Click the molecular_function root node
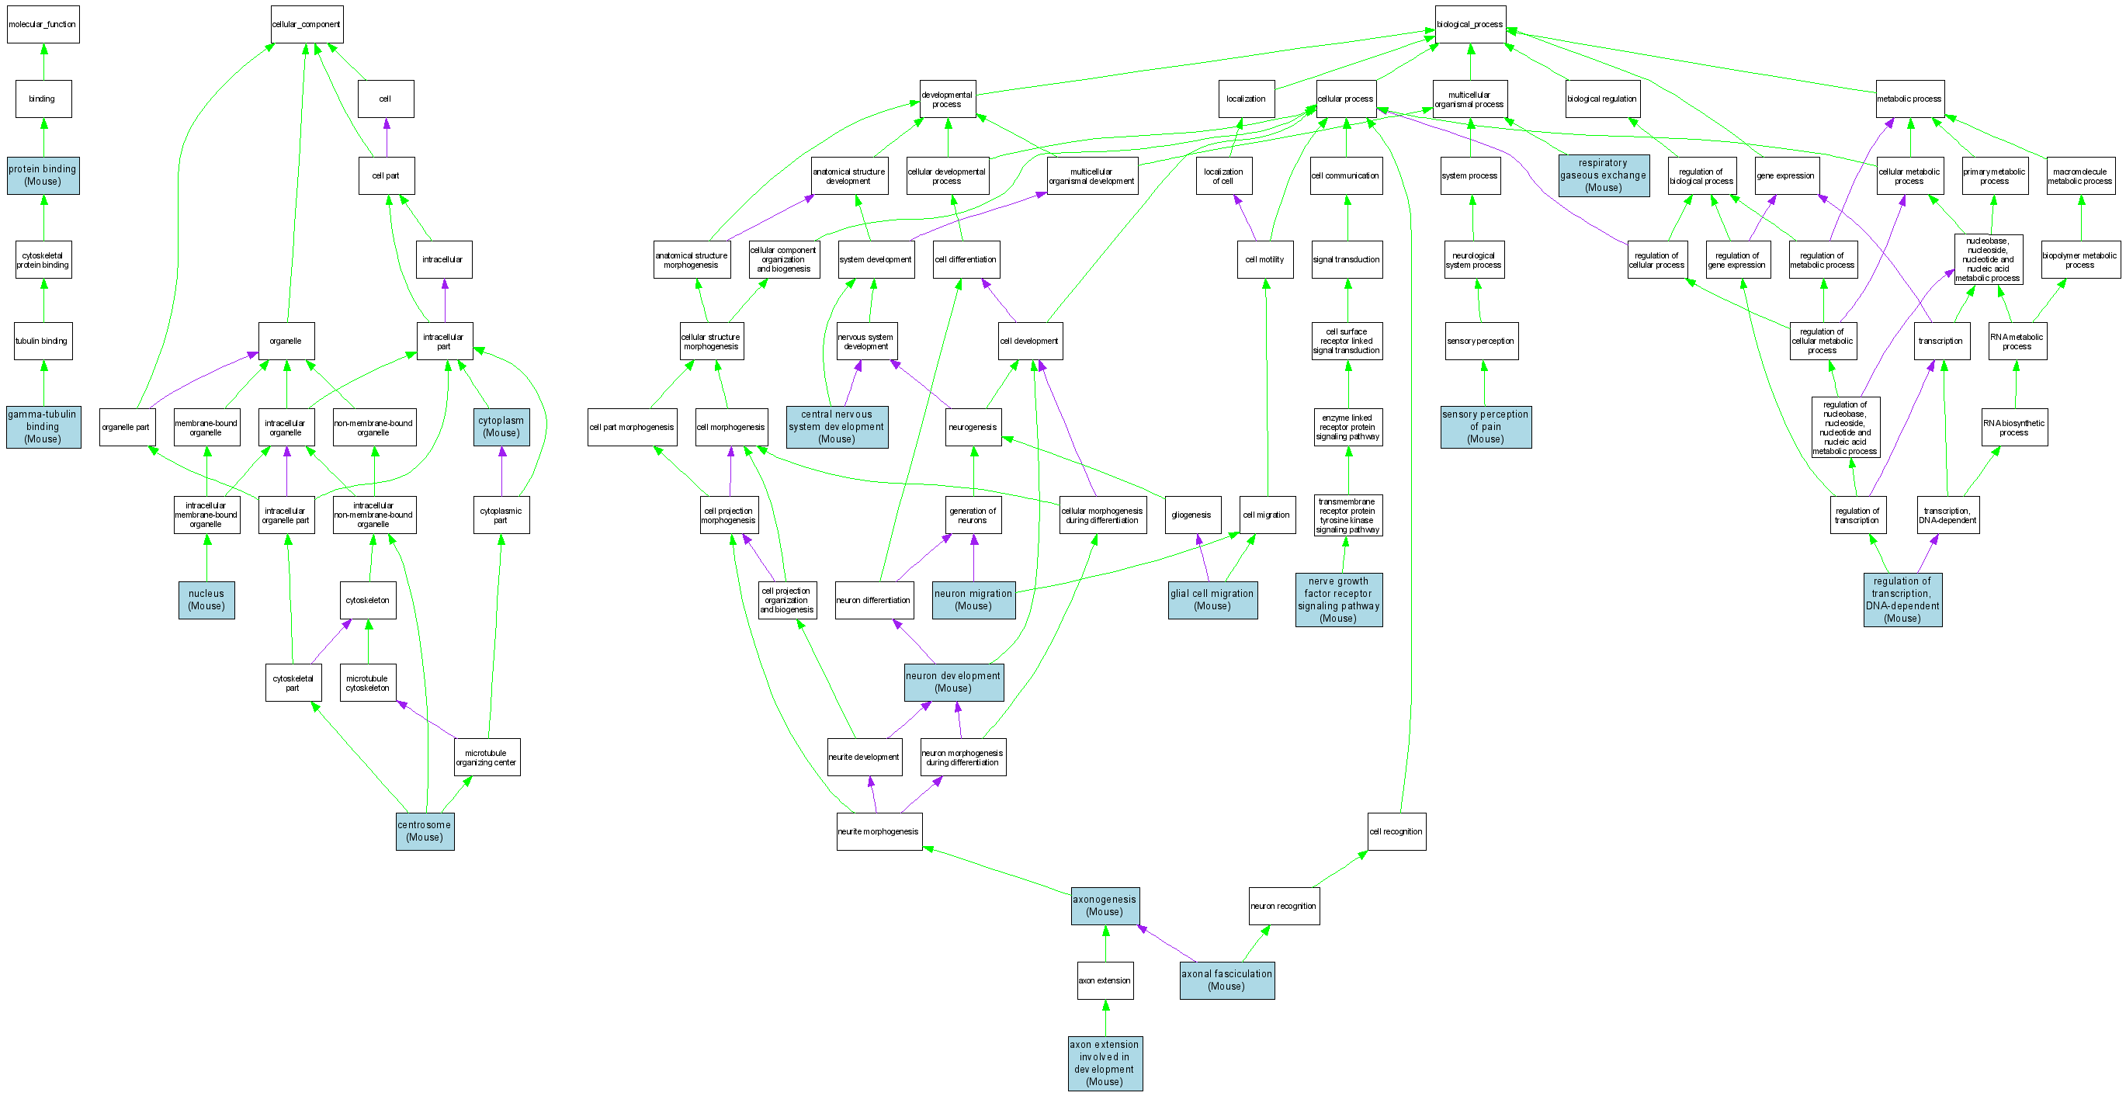(43, 25)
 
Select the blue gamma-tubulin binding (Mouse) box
(43, 427)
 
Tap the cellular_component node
(306, 25)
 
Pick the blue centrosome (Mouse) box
(425, 831)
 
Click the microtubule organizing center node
(486, 758)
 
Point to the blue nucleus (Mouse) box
(206, 600)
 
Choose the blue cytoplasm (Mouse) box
(501, 427)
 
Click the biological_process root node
(1470, 25)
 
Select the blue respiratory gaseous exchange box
(1603, 175)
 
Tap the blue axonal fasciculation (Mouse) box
(1226, 980)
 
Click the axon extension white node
(1105, 980)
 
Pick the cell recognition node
(1396, 832)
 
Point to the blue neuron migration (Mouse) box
(973, 600)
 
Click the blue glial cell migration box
(1212, 600)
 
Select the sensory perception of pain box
(1486, 427)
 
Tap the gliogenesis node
(1191, 515)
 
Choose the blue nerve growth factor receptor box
(1338, 600)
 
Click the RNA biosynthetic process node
(2013, 428)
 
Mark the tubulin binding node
(43, 341)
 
